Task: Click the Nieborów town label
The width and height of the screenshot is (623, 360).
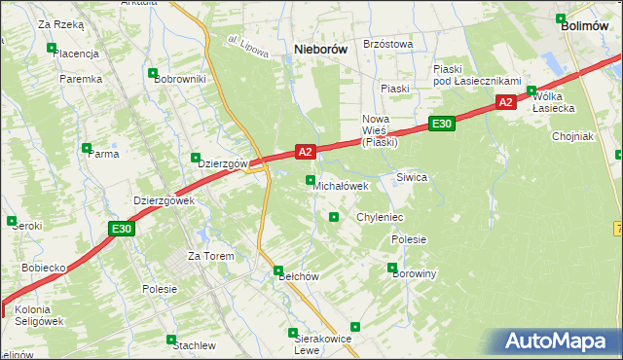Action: pyautogui.click(x=322, y=48)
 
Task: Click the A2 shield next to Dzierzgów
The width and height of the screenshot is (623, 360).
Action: pyautogui.click(x=305, y=152)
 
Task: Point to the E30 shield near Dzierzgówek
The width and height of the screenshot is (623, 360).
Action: pyautogui.click(x=121, y=229)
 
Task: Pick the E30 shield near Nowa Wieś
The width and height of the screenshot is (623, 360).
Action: pyautogui.click(x=441, y=124)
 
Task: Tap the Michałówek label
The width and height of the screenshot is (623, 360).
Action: pyautogui.click(x=341, y=186)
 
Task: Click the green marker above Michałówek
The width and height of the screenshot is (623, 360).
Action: pyautogui.click(x=311, y=180)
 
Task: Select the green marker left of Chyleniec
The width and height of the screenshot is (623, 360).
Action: pyautogui.click(x=334, y=217)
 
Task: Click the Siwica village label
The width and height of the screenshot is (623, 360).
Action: pyautogui.click(x=412, y=178)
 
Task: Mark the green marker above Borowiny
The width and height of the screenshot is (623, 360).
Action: pyautogui.click(x=392, y=268)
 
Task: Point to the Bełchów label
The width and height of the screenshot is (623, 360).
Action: pyautogui.click(x=300, y=276)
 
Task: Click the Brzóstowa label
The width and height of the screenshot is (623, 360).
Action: pyautogui.click(x=387, y=44)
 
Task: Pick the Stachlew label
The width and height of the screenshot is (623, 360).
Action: pyautogui.click(x=194, y=345)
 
